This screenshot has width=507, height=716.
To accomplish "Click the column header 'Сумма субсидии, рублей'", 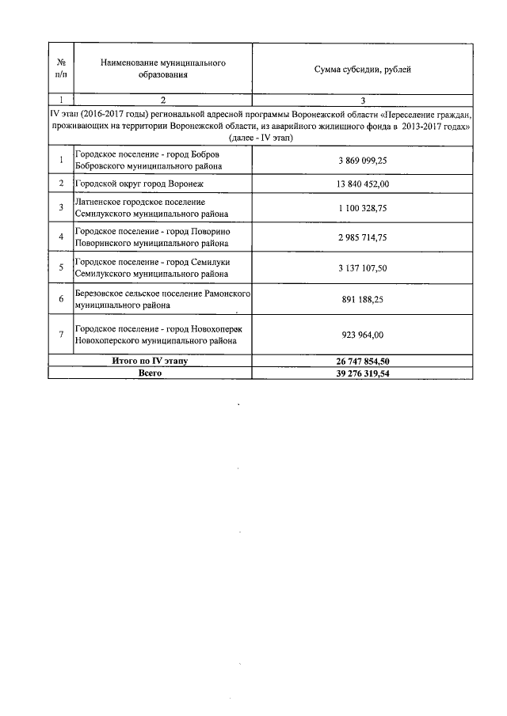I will (x=362, y=70).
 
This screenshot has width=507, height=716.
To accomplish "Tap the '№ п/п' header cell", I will (x=61, y=69).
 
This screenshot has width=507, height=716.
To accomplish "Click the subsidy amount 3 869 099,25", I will (x=362, y=160).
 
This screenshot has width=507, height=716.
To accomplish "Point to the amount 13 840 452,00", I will (x=362, y=184).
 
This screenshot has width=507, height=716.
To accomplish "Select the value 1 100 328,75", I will (x=362, y=208).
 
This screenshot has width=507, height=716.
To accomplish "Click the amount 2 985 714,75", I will (x=362, y=237).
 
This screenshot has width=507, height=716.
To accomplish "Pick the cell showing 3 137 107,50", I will (x=362, y=267).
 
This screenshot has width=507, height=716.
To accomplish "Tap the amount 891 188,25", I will (x=362, y=299).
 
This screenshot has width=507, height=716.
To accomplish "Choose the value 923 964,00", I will (x=362, y=334).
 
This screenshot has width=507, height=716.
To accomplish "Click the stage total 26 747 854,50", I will (x=362, y=361).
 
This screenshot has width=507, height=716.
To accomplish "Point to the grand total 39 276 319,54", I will (x=362, y=373).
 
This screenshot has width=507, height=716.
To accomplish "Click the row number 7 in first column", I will (x=61, y=334).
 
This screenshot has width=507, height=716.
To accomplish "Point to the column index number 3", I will (x=362, y=100).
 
